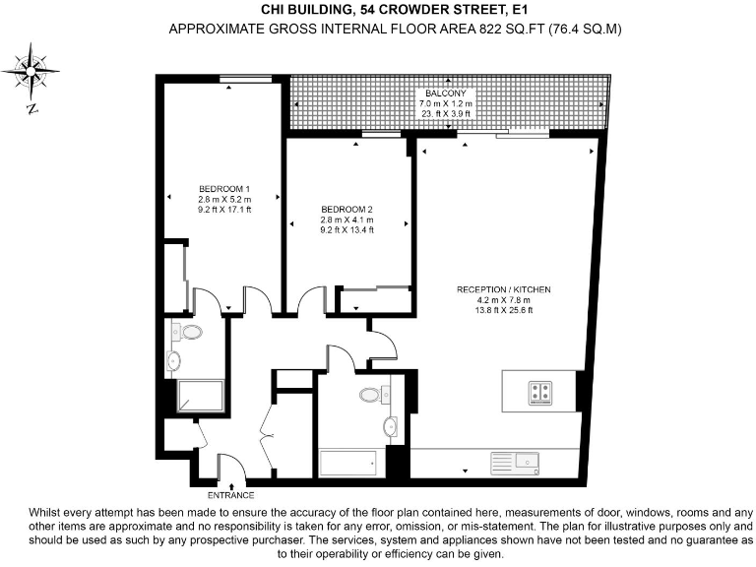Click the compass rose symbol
[32, 71]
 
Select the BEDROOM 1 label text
[224, 189]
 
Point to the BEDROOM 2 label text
[347, 209]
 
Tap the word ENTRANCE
[230, 495]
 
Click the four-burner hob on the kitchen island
[539, 392]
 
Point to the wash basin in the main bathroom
[390, 427]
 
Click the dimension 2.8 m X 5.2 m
[224, 199]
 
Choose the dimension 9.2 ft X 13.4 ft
[347, 229]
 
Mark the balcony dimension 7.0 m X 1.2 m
[446, 103]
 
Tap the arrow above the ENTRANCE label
[230, 484]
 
